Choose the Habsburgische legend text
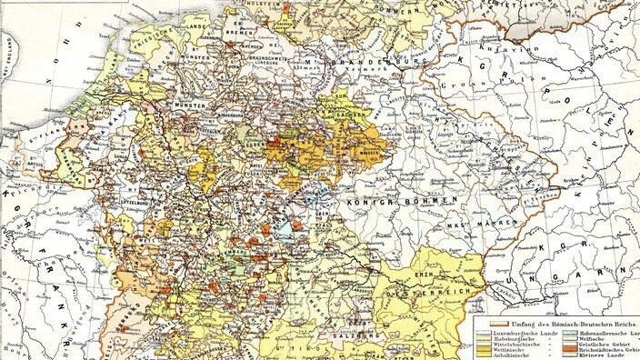[514, 342]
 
